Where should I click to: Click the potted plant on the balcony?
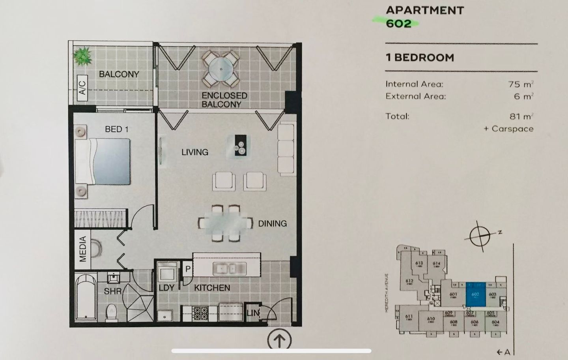(83, 56)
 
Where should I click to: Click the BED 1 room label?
(116, 129)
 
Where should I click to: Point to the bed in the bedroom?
(103, 161)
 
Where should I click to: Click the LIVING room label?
(195, 152)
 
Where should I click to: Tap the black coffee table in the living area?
(239, 146)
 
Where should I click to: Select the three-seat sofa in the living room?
(286, 150)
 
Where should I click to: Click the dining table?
(225, 223)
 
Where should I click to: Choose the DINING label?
(272, 223)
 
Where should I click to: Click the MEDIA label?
(83, 249)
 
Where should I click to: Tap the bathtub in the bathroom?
(85, 297)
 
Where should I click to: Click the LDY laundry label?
(166, 288)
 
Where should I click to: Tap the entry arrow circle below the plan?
(279, 339)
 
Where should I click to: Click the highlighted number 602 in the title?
(399, 24)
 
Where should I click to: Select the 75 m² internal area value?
(520, 84)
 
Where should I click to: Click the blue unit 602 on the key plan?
(476, 294)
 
